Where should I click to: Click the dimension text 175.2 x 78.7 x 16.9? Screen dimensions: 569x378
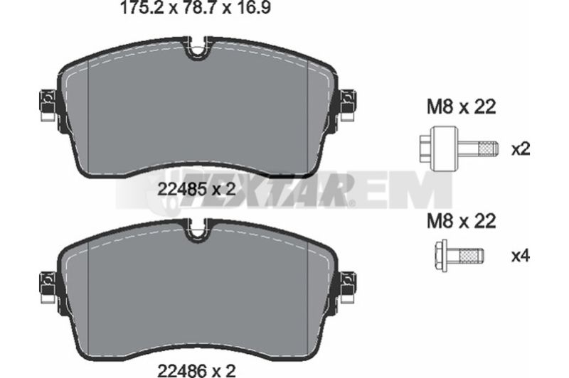pyautogui.click(x=195, y=8)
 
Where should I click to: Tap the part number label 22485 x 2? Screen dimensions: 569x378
pyautogui.click(x=196, y=189)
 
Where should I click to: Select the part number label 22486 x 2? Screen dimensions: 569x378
pyautogui.click(x=196, y=369)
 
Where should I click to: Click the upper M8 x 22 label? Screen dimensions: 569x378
pyautogui.click(x=461, y=107)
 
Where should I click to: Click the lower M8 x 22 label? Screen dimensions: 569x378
pyautogui.click(x=461, y=221)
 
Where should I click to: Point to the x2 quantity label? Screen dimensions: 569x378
pyautogui.click(x=521, y=149)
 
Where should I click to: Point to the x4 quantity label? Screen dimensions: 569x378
pyautogui.click(x=521, y=256)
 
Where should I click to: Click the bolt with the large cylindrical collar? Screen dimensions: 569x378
pyautogui.click(x=459, y=148)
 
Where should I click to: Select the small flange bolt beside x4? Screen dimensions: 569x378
pyautogui.click(x=458, y=256)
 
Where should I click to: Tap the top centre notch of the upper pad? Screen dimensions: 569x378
pyautogui.click(x=197, y=49)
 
